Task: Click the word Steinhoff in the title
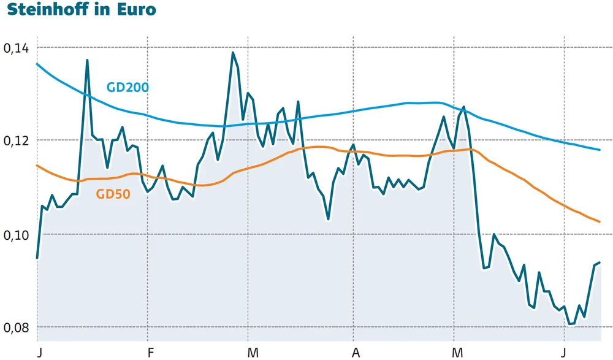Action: pyautogui.click(x=44, y=10)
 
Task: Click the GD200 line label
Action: pyautogui.click(x=128, y=87)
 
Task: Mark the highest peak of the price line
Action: pyautogui.click(x=233, y=53)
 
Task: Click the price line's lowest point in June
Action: pyautogui.click(x=571, y=324)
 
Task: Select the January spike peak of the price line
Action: pyautogui.click(x=87, y=60)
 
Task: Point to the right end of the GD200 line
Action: pyautogui.click(x=600, y=150)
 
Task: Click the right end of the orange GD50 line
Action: pyautogui.click(x=600, y=222)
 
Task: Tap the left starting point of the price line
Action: pyautogui.click(x=37, y=258)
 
